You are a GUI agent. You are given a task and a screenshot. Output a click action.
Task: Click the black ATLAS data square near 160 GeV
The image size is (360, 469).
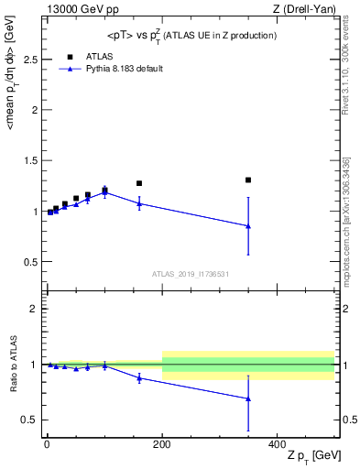click(x=139, y=183)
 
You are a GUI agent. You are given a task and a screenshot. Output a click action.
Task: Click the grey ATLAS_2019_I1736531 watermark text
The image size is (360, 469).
click(x=190, y=273)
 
